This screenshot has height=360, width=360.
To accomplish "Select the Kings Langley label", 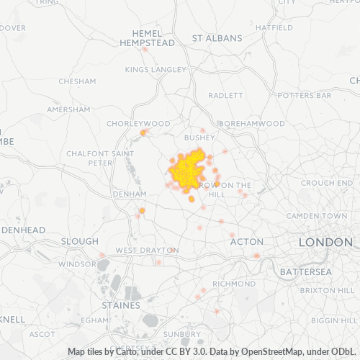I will [156, 70].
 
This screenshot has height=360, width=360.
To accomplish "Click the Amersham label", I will [68, 109].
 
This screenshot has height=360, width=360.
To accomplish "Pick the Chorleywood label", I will [138, 124].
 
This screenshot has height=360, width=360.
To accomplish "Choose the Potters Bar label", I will [304, 95].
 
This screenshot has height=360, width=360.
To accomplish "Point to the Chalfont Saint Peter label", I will [90, 158].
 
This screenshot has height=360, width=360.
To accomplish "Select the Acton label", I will [246, 242].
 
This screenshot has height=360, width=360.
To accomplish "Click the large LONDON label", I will [325, 243].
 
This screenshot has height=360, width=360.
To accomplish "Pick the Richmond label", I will [234, 284].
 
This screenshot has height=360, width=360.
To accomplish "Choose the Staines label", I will [121, 305].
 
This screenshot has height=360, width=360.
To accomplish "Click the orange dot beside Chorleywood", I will [143, 132].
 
